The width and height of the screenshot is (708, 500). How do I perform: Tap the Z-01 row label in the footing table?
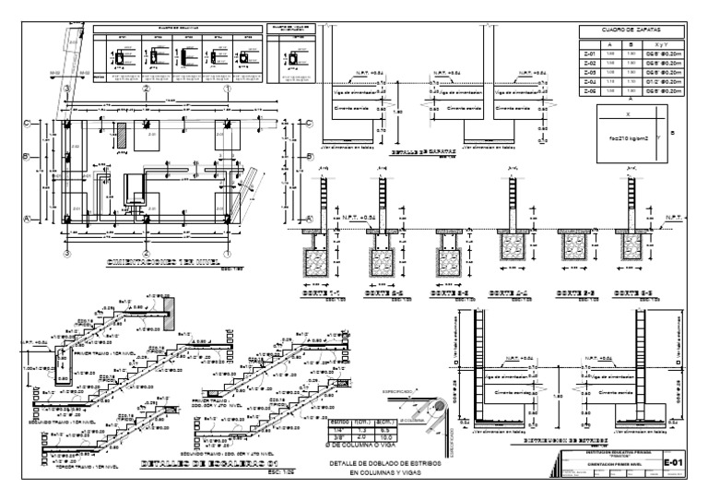[589, 54]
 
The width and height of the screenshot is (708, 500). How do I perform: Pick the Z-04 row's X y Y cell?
[662, 83]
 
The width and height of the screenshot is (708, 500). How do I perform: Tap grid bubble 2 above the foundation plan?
[147, 89]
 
